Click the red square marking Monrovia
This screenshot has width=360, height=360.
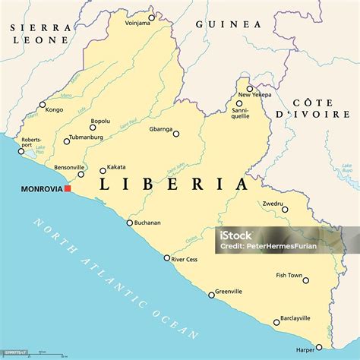pos(68,188)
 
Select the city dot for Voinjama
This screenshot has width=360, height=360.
pos(151,17)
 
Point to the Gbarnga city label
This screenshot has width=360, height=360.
pos(160,129)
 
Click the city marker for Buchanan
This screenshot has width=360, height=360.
pos(129,222)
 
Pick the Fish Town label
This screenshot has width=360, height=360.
pos(289,275)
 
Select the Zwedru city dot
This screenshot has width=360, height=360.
pos(284,209)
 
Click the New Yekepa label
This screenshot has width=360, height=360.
pos(253,95)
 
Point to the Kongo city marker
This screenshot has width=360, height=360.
pos(43,105)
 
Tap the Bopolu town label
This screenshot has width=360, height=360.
pos(100,120)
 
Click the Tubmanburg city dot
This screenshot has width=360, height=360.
pos(67,141)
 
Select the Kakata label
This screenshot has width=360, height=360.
pos(116,166)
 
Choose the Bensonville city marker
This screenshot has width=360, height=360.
pos(81,173)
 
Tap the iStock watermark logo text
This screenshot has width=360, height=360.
pos(236,235)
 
